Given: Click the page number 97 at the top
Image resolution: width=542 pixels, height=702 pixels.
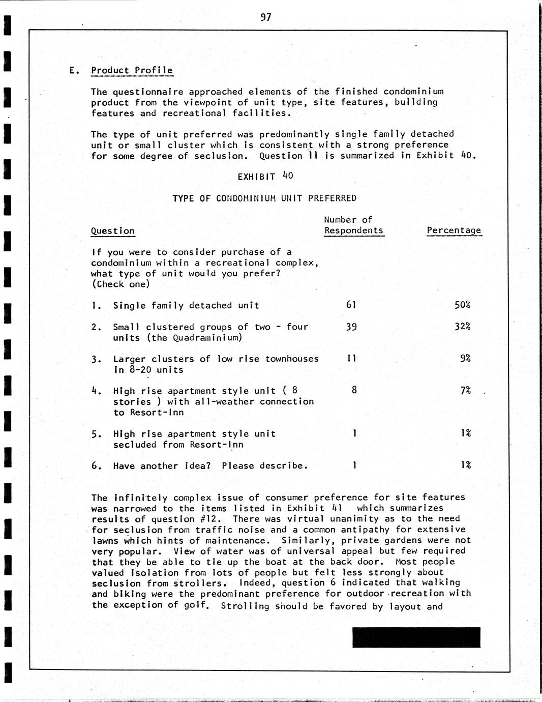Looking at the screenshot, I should tap(266, 17).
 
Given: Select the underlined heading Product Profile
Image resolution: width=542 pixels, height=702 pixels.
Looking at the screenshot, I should tap(132, 70).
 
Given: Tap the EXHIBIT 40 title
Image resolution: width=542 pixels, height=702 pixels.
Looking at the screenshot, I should tap(265, 176).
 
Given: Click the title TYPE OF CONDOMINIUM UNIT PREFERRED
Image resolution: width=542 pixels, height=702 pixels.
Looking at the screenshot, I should tap(264, 198).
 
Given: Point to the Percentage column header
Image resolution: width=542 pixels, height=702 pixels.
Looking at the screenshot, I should tap(454, 230).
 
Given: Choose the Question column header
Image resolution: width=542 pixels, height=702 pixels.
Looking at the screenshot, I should tap(113, 230).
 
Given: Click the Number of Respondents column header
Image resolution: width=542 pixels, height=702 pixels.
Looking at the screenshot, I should tap(353, 225).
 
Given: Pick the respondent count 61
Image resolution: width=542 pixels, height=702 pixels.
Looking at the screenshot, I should tap(351, 305).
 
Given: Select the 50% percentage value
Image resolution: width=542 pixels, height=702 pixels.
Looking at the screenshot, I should tap(462, 305).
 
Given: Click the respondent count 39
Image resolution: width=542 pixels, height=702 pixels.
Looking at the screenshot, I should tap(351, 327).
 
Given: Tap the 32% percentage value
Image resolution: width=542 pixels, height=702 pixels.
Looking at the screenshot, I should tap(462, 326).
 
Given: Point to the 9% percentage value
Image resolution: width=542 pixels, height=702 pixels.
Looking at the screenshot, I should tap(465, 358).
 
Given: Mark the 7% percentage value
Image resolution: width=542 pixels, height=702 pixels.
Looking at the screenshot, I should tap(465, 390).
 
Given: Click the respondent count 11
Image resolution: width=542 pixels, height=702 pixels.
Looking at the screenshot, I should tap(351, 358).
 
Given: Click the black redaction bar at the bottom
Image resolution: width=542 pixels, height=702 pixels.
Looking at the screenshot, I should tap(416, 637).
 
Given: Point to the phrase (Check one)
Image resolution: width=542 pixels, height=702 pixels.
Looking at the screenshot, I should tap(121, 284).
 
